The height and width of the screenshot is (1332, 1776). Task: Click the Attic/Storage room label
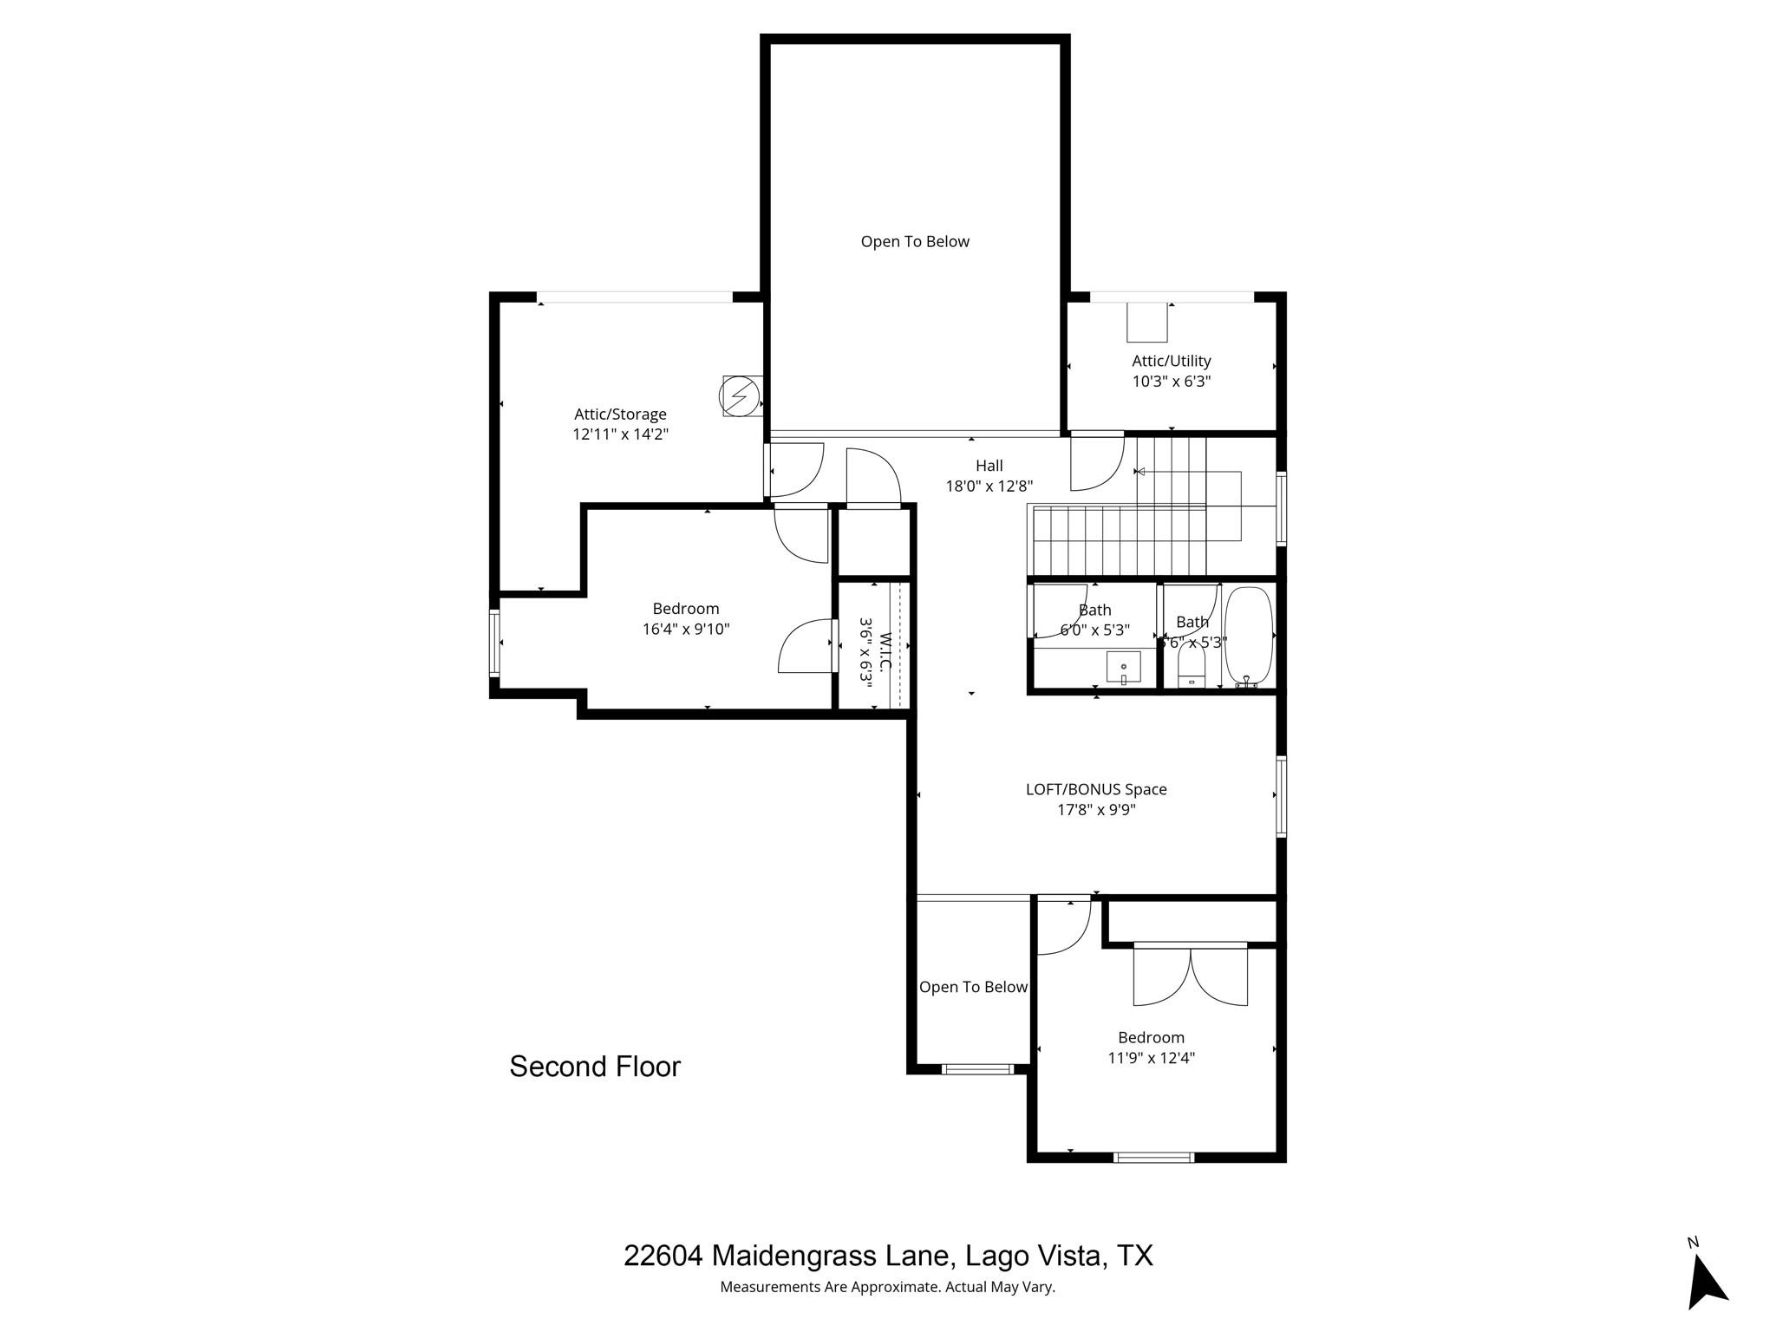(620, 415)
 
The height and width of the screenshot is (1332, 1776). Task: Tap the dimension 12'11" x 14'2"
(620, 434)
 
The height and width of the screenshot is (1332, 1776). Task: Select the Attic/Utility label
(1171, 361)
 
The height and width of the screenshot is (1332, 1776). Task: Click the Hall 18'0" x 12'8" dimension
(989, 486)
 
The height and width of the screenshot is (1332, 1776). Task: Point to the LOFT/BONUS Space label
(1096, 789)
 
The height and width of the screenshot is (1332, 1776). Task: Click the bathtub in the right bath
(1248, 636)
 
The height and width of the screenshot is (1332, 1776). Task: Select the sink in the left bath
(1123, 668)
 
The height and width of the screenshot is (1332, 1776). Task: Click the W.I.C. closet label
(885, 652)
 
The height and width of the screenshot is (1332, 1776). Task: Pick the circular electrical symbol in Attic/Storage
(738, 396)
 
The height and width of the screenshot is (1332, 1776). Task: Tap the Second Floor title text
(595, 1067)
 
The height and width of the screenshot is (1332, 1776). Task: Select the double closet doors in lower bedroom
(1191, 975)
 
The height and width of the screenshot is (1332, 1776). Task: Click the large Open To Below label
(915, 242)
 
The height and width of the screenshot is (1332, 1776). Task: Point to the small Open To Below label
(973, 987)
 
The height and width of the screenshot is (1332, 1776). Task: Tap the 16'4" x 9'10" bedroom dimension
(686, 630)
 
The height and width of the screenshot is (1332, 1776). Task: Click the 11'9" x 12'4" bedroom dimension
(1151, 1058)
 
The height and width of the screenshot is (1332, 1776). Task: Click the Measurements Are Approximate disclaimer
(887, 1288)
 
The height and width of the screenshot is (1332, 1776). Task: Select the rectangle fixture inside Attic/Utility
(1146, 323)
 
